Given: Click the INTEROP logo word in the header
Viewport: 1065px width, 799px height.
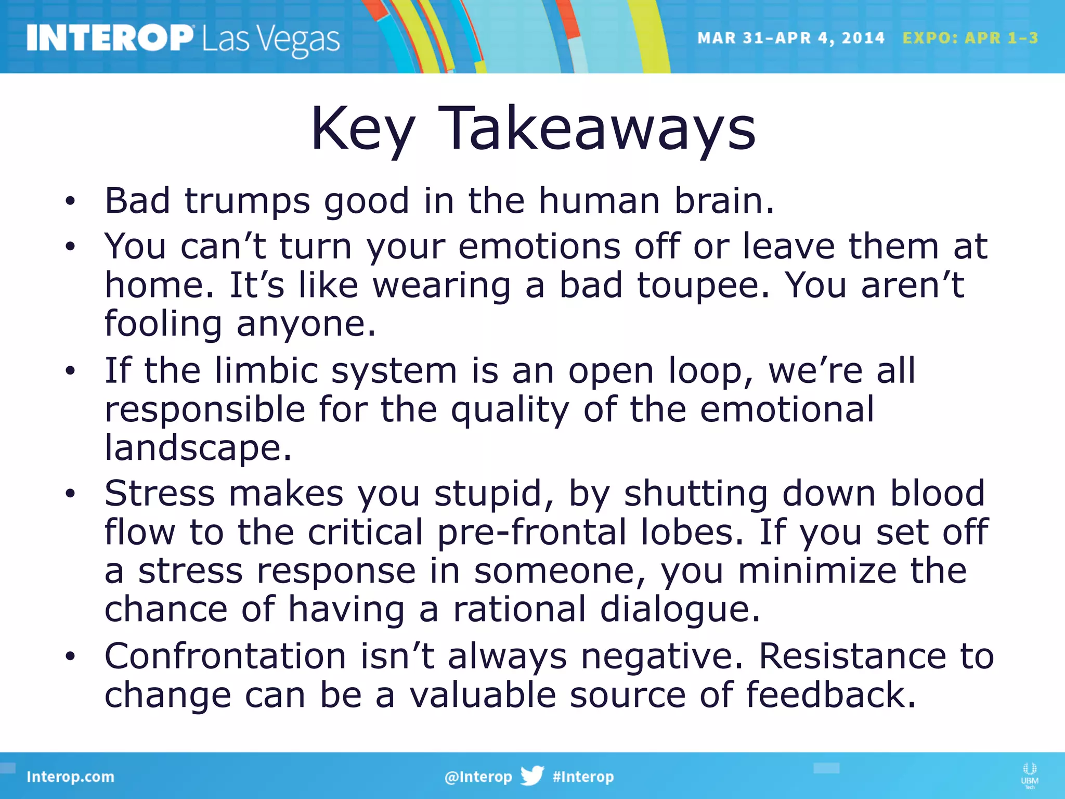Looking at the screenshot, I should point(109,38).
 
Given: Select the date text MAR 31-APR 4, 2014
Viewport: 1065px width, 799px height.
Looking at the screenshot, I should point(790,38).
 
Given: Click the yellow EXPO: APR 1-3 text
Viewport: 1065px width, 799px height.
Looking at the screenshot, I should point(970,38).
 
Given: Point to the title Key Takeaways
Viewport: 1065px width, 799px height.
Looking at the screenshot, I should point(532,128).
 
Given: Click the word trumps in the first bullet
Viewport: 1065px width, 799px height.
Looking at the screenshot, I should point(247,201).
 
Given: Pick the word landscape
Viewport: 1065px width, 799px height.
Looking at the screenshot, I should point(198,448).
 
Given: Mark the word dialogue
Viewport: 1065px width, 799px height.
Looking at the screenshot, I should point(680,609).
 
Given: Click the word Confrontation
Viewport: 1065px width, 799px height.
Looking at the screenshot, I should point(225,656).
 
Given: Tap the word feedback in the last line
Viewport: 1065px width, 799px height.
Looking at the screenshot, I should point(830,695).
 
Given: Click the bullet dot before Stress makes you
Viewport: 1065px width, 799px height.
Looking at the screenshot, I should point(70,494).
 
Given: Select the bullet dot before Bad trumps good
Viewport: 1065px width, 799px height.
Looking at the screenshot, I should point(70,201).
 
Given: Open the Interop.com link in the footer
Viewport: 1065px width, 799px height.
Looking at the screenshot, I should point(70,777).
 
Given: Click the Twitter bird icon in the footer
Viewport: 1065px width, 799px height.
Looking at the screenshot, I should point(532,776).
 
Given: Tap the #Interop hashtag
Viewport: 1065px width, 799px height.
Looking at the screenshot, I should point(583,777).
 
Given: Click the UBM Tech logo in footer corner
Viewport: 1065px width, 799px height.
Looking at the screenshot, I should point(1029,775).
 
